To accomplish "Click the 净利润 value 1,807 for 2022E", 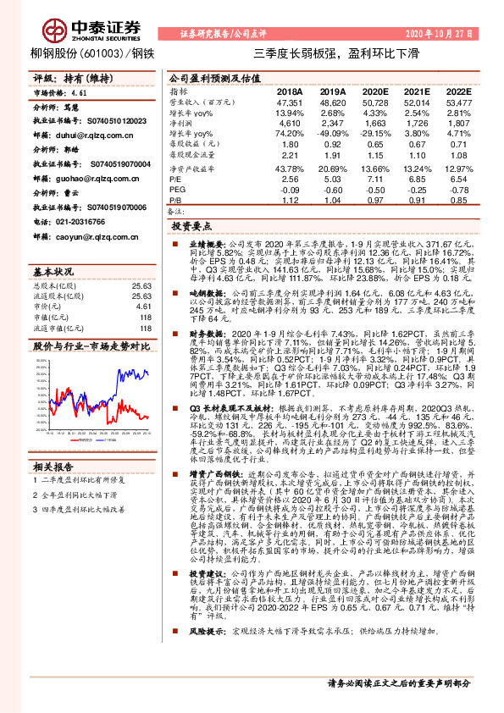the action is pyautogui.click(x=457, y=124).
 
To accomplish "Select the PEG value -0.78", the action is pyautogui.click(x=457, y=191).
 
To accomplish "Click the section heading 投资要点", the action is pyautogui.click(x=191, y=228).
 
